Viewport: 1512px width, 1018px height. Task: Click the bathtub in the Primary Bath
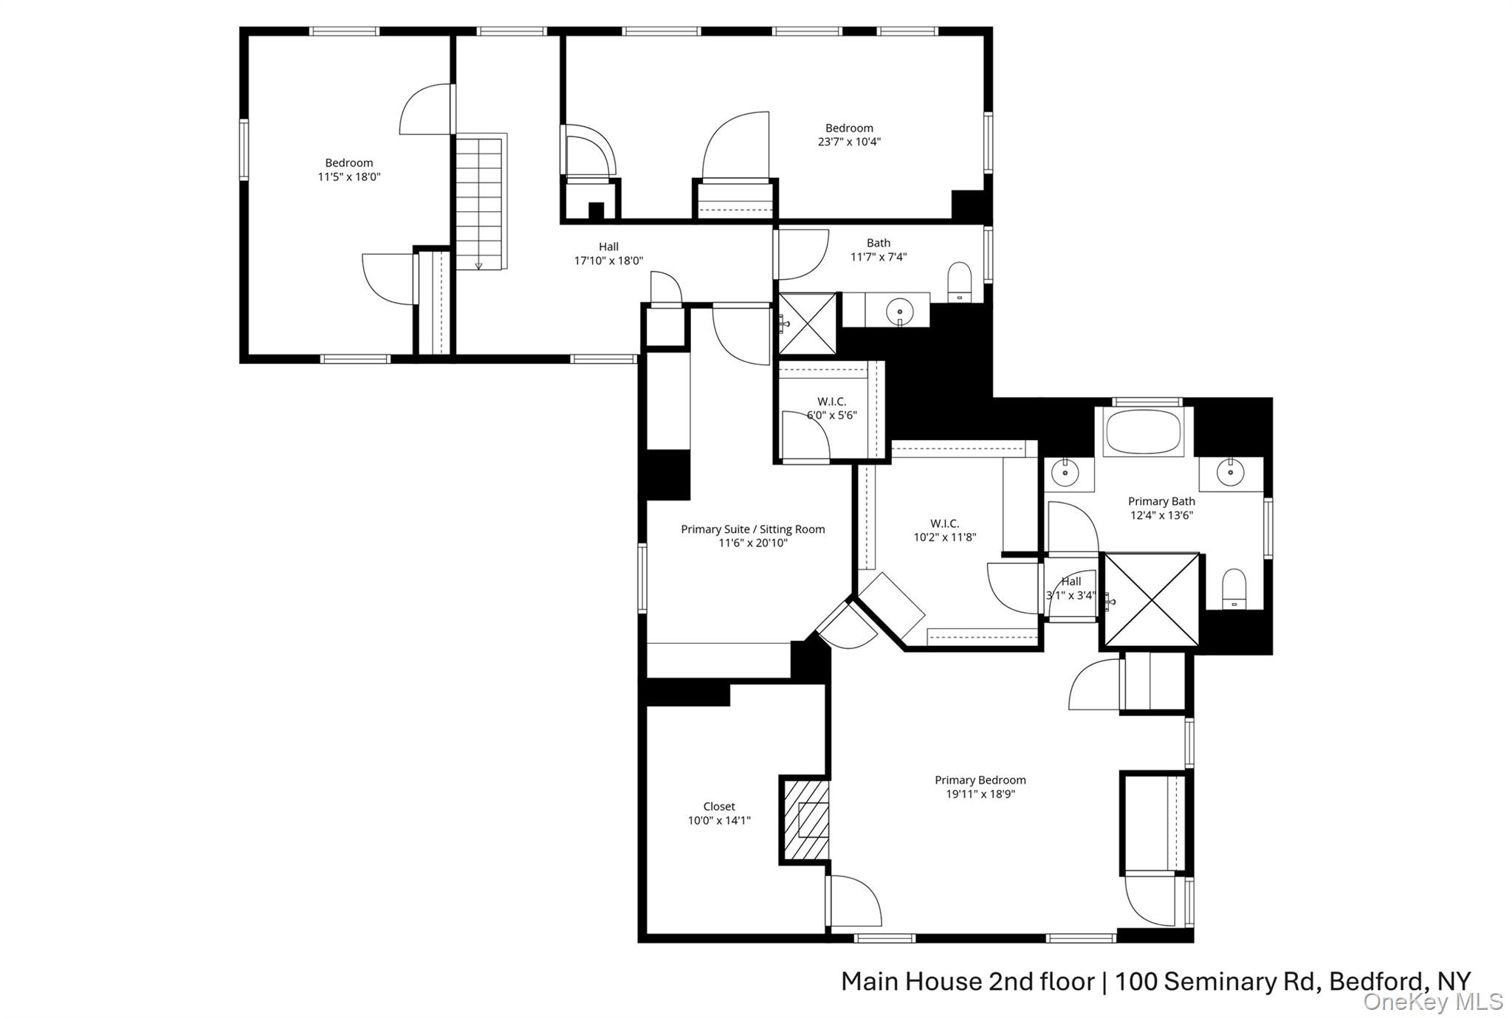click(x=1144, y=433)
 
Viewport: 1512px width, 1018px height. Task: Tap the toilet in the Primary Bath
click(x=1234, y=588)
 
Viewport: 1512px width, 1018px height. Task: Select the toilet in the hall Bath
click(x=960, y=281)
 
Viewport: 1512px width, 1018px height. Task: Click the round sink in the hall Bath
click(x=899, y=311)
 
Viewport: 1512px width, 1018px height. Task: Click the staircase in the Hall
click(x=480, y=201)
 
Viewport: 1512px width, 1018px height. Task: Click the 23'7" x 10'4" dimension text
click(x=849, y=142)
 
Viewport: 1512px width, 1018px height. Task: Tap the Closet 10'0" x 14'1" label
click(x=719, y=814)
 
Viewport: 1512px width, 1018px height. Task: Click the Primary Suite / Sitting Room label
click(x=752, y=529)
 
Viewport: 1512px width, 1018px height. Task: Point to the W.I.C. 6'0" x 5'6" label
click(x=831, y=408)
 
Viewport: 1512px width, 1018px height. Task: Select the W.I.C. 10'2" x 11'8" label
click(x=944, y=530)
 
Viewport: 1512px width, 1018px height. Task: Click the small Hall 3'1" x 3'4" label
click(x=1071, y=588)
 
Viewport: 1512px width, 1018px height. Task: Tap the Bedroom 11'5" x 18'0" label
click(x=349, y=170)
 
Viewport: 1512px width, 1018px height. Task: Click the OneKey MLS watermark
click(x=1432, y=1002)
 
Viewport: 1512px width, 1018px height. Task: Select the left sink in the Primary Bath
click(x=1065, y=472)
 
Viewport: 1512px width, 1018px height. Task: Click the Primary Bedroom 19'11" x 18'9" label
click(x=980, y=787)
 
